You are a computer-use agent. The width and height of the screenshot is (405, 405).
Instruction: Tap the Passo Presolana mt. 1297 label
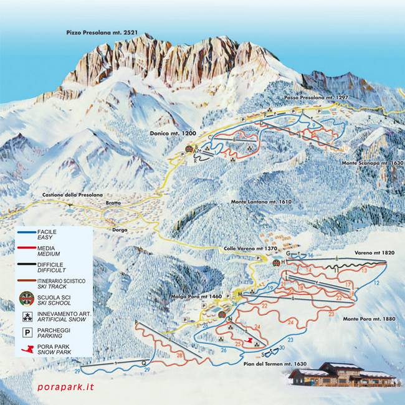315,98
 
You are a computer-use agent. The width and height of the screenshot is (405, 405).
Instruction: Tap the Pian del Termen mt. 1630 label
277,363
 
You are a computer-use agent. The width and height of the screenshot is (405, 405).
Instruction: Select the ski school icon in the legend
27,298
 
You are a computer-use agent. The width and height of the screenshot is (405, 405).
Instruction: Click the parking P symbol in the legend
27,332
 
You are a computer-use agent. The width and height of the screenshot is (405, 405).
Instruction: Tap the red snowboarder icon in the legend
27,349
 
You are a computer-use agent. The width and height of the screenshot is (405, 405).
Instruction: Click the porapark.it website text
65,387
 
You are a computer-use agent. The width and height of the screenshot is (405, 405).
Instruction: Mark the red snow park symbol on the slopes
249,341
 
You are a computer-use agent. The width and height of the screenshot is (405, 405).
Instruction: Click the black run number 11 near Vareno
336,272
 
